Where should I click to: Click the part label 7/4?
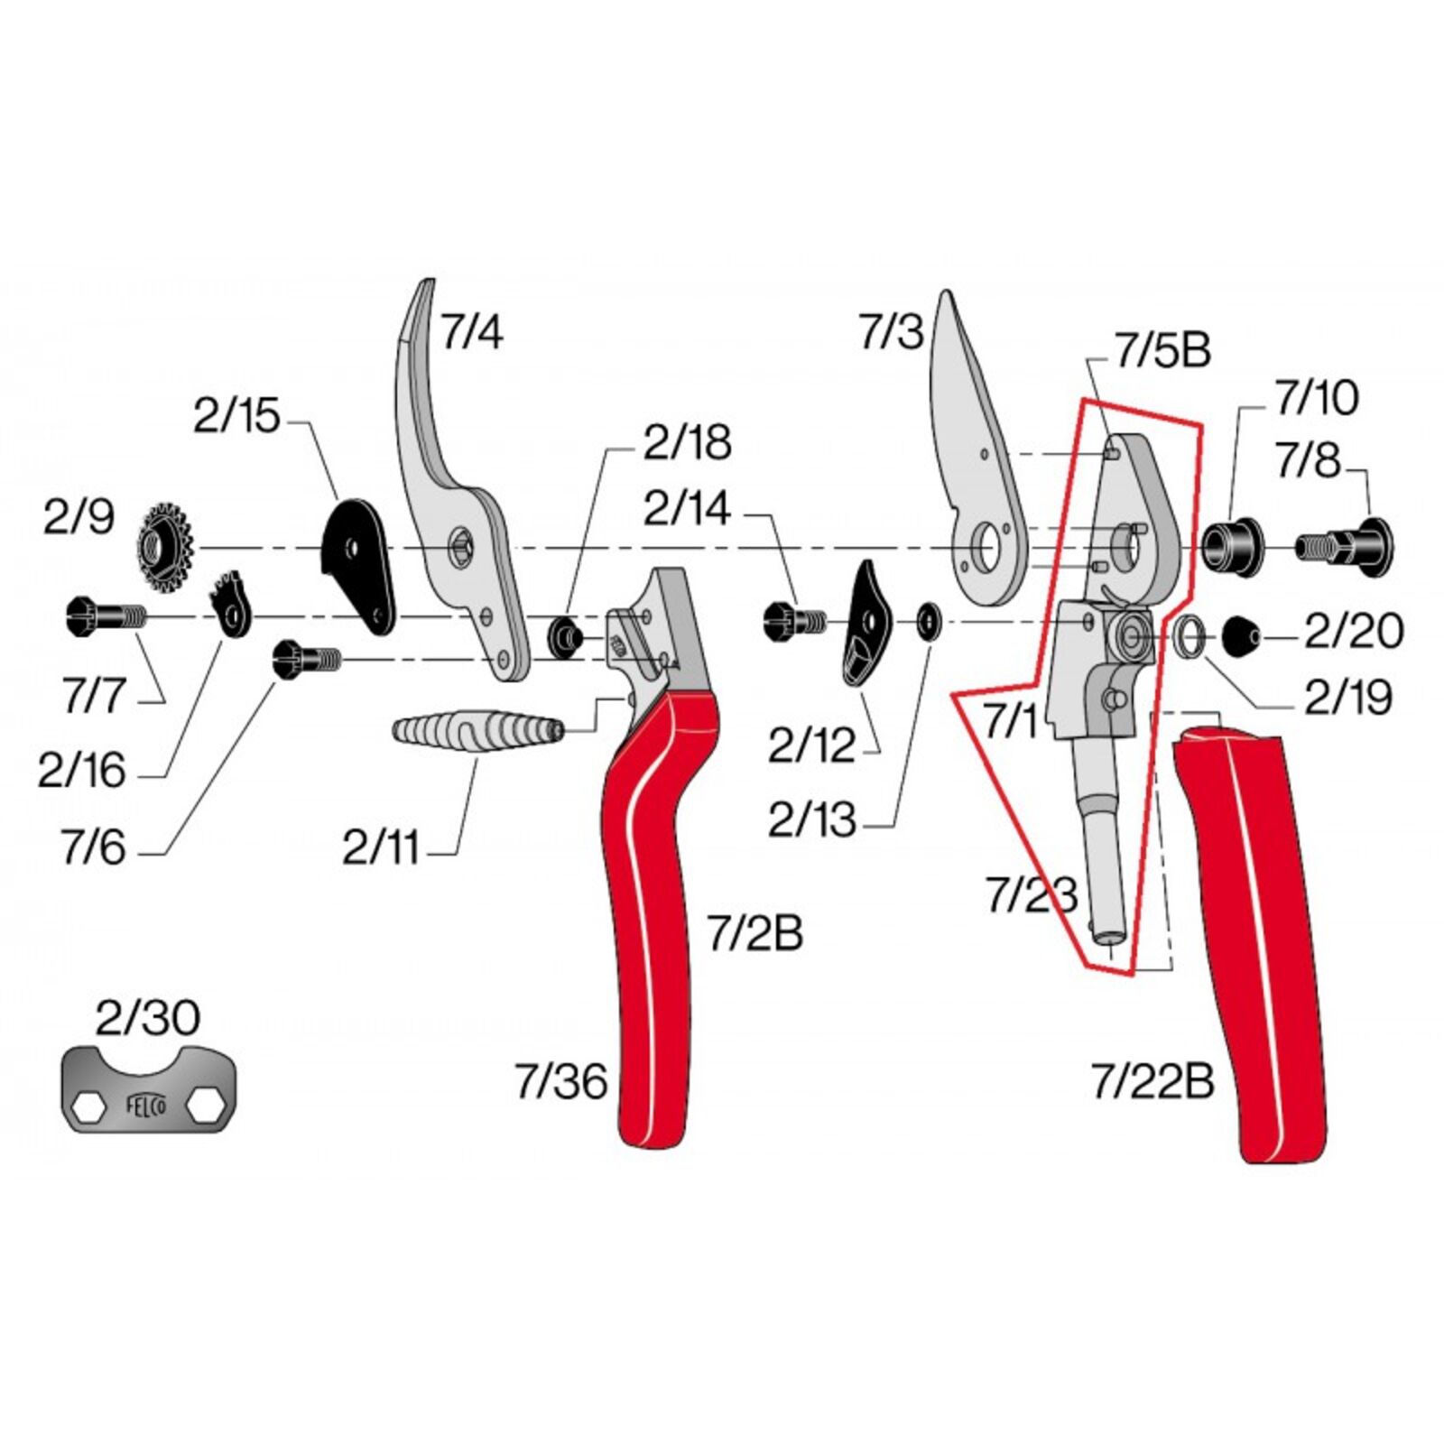(x=472, y=332)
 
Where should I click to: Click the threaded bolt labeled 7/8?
(x=1344, y=545)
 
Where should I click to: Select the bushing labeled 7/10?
(x=1231, y=545)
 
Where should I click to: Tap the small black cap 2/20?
(x=1243, y=636)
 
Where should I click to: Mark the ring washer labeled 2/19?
(x=1189, y=635)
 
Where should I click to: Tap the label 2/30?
(x=148, y=1018)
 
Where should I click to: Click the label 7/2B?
(x=754, y=934)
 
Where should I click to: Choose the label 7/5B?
(x=1162, y=351)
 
